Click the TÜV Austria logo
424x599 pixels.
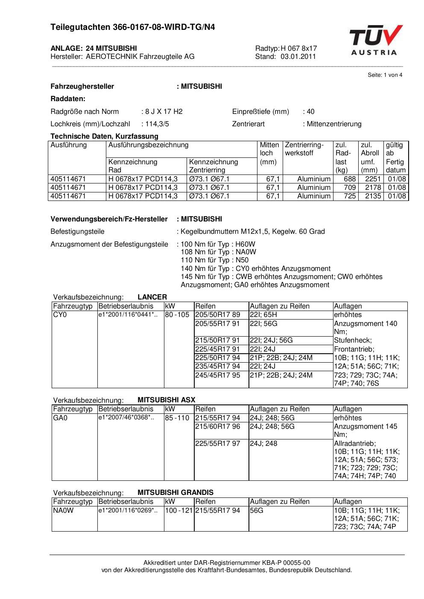click(375, 40)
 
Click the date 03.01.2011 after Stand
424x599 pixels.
click(298, 56)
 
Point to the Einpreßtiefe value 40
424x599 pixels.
click(310, 111)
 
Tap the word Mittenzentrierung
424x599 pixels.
click(334, 124)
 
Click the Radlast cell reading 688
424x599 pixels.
click(350, 179)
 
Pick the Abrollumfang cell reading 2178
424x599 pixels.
click(373, 187)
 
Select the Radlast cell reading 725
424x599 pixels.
click(350, 196)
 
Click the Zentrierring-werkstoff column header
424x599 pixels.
click(304, 149)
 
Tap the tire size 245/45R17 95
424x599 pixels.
click(218, 375)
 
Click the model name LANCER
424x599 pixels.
click(152, 297)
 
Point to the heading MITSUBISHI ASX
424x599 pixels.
click(166, 400)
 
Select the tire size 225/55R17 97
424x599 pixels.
click(218, 443)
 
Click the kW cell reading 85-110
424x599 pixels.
click(177, 418)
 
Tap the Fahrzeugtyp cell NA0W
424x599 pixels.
click(63, 510)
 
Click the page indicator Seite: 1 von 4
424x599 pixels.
click(385, 75)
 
